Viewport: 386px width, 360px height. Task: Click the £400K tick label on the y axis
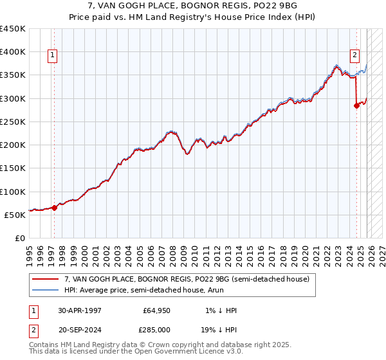point(13,52)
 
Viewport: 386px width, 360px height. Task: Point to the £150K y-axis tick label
point(13,168)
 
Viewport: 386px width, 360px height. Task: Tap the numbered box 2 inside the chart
point(354,55)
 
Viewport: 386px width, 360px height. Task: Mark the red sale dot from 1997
point(55,208)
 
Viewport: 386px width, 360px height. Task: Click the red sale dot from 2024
point(356,106)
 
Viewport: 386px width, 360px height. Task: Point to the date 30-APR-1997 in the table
point(80,310)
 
